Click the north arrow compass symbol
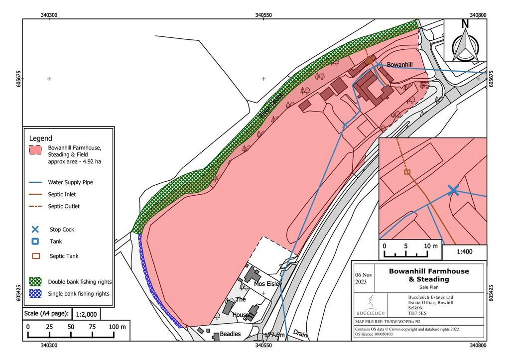(465, 42)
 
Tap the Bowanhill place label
(400, 65)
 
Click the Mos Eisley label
(268, 284)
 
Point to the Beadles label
(230, 334)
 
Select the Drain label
(300, 333)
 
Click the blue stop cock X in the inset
(453, 190)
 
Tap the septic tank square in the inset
(407, 172)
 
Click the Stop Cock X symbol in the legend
(35, 230)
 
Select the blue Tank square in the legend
(35, 241)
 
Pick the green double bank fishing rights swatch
(35, 281)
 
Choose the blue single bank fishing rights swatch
(35, 293)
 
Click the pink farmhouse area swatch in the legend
(35, 150)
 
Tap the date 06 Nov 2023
(363, 277)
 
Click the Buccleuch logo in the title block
(370, 305)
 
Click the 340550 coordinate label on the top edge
(263, 15)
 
